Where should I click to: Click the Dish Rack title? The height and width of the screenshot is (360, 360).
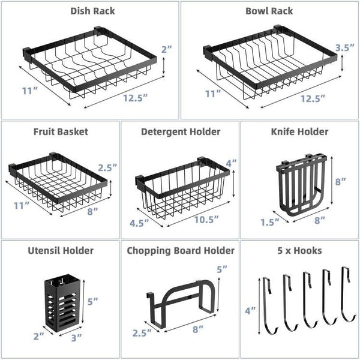click(x=92, y=11)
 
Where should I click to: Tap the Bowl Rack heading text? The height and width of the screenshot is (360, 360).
click(x=269, y=11)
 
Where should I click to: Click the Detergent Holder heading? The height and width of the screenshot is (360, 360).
click(x=181, y=131)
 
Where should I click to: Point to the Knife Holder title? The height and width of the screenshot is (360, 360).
click(x=300, y=131)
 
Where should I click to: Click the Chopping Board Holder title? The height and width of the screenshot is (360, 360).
click(x=181, y=250)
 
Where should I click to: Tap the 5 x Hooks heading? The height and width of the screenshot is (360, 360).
click(x=300, y=250)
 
